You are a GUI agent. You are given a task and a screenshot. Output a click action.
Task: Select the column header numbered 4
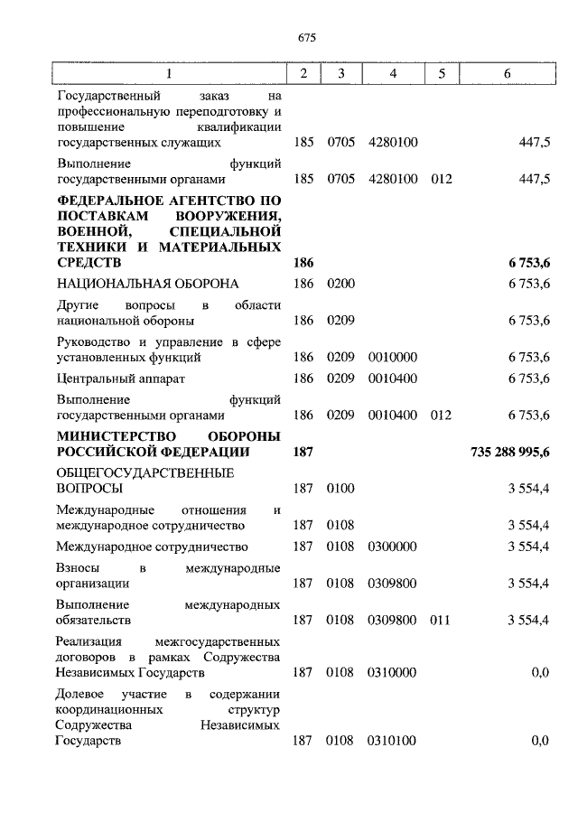tap(393, 74)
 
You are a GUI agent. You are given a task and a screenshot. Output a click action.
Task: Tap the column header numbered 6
tap(508, 74)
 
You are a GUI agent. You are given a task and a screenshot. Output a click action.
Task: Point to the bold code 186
tap(303, 262)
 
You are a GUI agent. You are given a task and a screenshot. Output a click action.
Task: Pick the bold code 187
tap(303, 452)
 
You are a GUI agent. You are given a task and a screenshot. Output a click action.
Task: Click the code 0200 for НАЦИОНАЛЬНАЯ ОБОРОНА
tap(340, 285)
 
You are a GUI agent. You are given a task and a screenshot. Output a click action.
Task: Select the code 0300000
tap(393, 547)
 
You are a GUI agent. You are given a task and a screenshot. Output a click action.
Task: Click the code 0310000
tap(393, 673)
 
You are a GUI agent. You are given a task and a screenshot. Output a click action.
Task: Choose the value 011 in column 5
tap(441, 621)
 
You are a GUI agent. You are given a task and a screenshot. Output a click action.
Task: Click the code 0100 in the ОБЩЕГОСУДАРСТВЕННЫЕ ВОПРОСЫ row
tap(340, 489)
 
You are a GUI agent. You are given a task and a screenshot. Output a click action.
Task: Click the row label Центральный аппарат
tap(120, 378)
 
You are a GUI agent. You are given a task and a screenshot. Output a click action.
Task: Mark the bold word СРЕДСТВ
tap(88, 262)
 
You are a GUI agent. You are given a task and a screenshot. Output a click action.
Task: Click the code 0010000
tap(393, 357)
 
